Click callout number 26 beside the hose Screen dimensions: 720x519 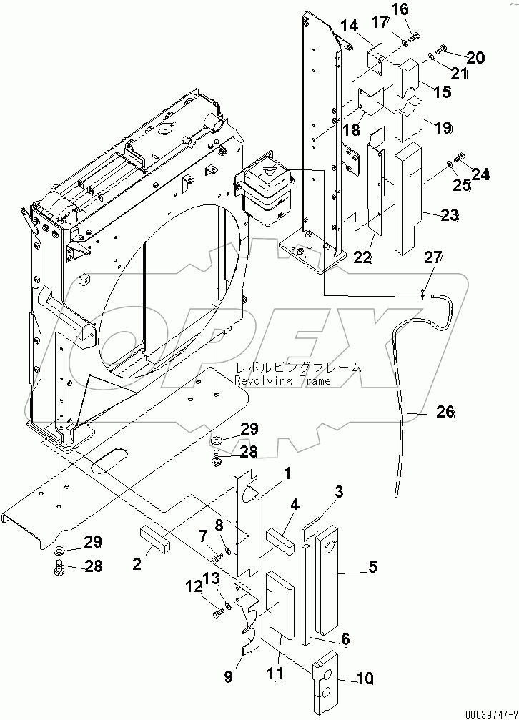(x=445, y=412)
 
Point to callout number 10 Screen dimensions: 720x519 (x=364, y=678)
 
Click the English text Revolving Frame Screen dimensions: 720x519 (x=284, y=381)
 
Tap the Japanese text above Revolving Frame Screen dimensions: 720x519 (x=298, y=368)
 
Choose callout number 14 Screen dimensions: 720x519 (x=349, y=26)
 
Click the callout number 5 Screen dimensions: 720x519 (x=372, y=568)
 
